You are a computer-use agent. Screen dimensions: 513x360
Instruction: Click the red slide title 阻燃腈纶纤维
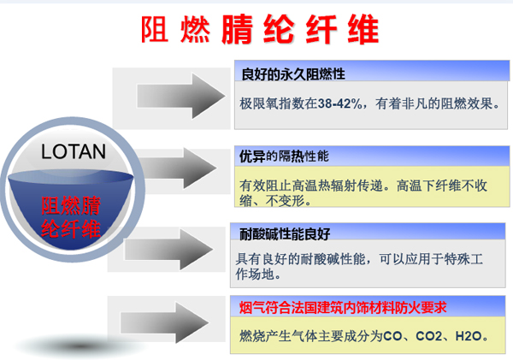coord(260,29)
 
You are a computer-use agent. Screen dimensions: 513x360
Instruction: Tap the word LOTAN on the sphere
coord(74,151)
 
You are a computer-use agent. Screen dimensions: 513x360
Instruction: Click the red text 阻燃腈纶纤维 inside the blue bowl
coord(71,216)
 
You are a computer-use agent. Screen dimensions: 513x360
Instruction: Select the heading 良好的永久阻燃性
coord(293,74)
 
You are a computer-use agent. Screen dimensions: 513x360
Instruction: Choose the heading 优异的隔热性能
coord(284,156)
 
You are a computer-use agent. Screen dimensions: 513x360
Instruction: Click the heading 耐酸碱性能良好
coord(285,234)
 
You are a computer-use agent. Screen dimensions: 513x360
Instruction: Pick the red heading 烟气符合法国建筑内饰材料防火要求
coord(343,308)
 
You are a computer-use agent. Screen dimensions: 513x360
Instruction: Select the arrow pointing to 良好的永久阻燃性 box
coord(181,96)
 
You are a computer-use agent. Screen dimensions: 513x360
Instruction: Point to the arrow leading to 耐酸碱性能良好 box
coord(168,250)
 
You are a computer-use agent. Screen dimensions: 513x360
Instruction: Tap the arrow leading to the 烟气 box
coord(164,322)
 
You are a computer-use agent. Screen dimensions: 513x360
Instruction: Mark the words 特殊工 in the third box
coord(463,259)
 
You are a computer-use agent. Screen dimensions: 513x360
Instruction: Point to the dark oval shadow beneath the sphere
coord(80,346)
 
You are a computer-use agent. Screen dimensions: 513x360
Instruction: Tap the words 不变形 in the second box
coord(285,201)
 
